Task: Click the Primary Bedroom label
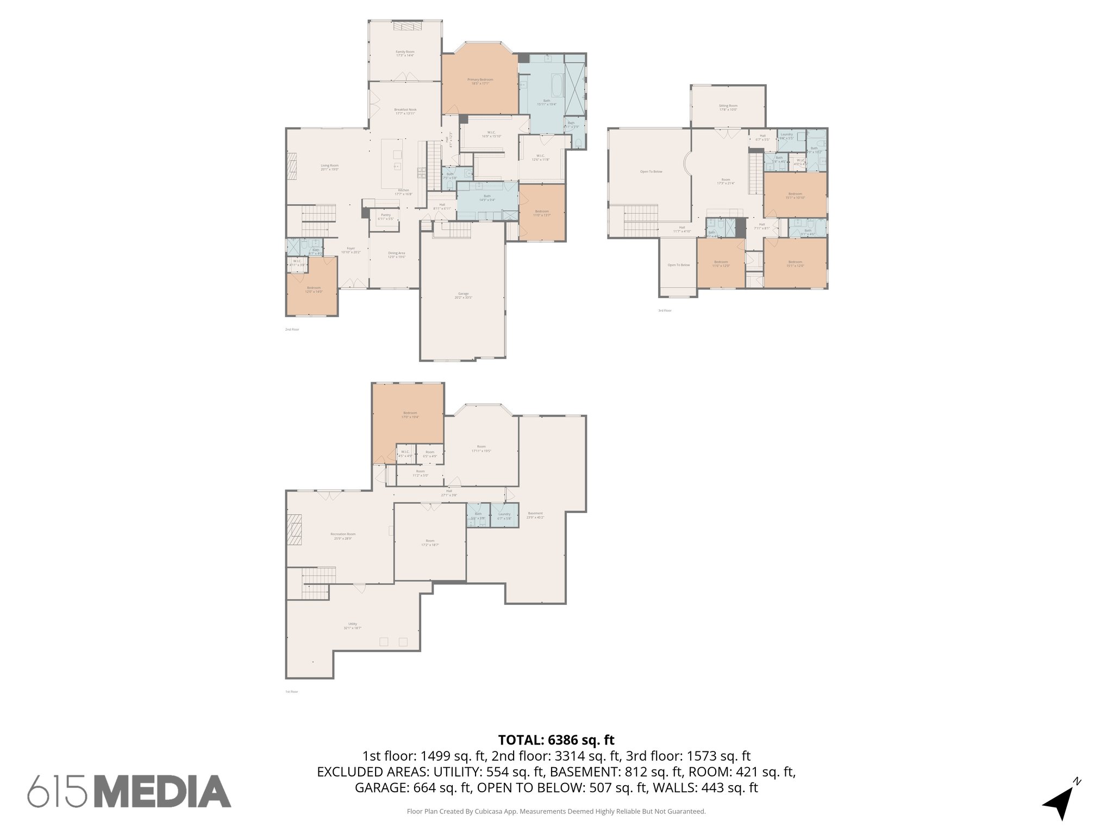(x=480, y=80)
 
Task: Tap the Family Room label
(x=405, y=52)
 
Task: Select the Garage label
(x=463, y=294)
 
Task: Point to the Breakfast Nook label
(x=405, y=110)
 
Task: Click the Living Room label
(x=329, y=166)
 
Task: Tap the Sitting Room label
(x=728, y=106)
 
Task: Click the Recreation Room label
(x=343, y=534)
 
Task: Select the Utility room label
(x=352, y=624)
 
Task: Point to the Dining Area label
(x=396, y=253)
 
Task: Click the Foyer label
(x=351, y=249)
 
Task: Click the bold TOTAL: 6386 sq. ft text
(x=556, y=740)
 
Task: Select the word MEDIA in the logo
(x=164, y=792)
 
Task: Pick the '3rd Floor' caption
(x=665, y=311)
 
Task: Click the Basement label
(x=535, y=514)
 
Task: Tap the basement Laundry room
(x=504, y=515)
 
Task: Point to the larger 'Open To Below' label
(x=651, y=172)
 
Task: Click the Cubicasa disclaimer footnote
(x=556, y=812)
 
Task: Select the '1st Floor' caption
(x=292, y=692)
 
